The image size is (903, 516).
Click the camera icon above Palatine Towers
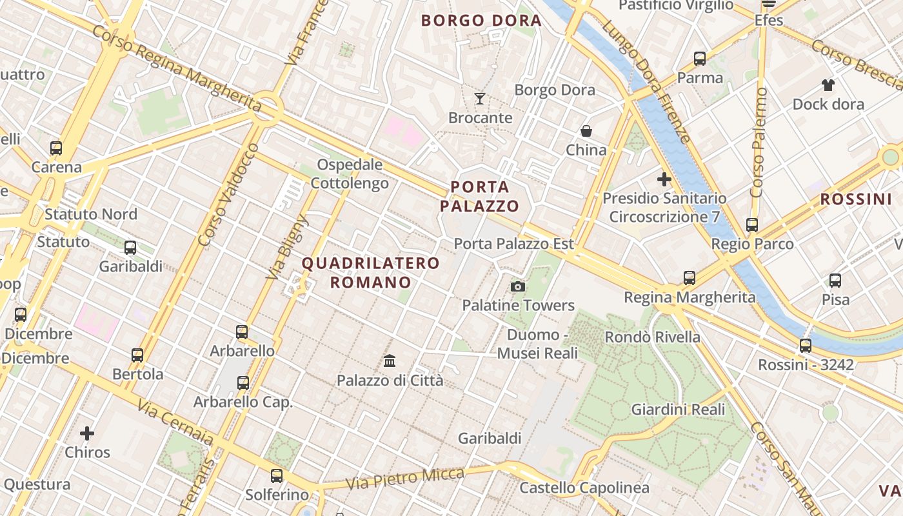pyautogui.click(x=517, y=286)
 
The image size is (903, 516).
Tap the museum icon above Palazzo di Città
pyautogui.click(x=390, y=361)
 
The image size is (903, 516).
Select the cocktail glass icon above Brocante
pyautogui.click(x=480, y=99)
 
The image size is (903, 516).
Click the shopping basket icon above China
pyautogui.click(x=586, y=131)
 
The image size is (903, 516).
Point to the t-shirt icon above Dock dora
pyautogui.click(x=828, y=84)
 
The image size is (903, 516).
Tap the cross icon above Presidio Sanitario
pyautogui.click(x=664, y=179)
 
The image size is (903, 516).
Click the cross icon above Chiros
pyautogui.click(x=87, y=433)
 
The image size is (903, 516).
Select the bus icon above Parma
pyautogui.click(x=700, y=59)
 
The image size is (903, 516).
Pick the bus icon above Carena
pyautogui.click(x=57, y=148)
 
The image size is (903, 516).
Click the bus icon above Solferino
pyautogui.click(x=277, y=476)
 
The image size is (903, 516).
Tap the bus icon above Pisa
pyautogui.click(x=835, y=281)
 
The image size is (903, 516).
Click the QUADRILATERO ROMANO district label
pyautogui.click(x=371, y=273)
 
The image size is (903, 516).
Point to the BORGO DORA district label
pyautogui.click(x=481, y=21)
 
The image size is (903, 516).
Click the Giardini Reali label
pyautogui.click(x=678, y=410)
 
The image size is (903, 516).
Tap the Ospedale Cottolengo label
pyautogui.click(x=350, y=174)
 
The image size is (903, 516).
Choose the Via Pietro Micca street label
pyautogui.click(x=404, y=479)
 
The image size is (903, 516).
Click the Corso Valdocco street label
pyautogui.click(x=228, y=195)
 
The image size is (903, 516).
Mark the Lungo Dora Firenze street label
pyautogui.click(x=646, y=81)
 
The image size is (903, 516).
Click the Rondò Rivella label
pyautogui.click(x=652, y=337)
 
